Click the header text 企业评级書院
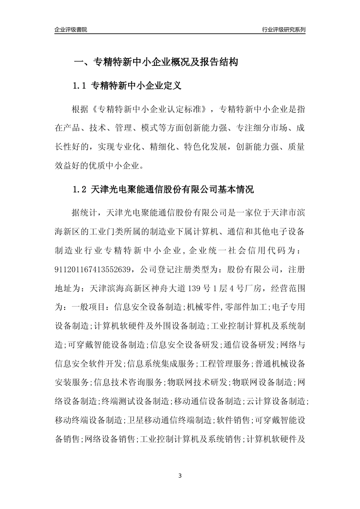tap(71, 30)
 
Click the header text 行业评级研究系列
tap(283, 30)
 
